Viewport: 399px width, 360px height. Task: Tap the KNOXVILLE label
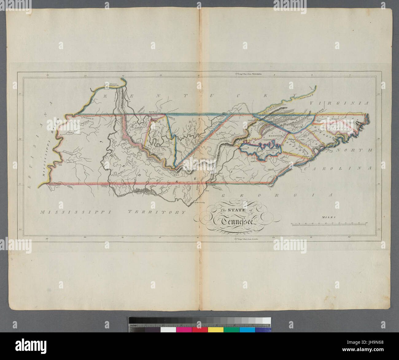(x=275, y=135)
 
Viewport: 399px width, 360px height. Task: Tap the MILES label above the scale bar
(x=329, y=217)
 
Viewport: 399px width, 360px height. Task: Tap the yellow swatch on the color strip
(x=215, y=330)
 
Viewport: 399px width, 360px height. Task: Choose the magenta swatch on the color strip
(x=184, y=330)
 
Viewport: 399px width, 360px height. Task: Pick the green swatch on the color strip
(x=231, y=330)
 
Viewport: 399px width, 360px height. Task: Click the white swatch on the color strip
(x=168, y=330)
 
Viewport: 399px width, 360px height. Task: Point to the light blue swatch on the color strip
(x=247, y=330)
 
